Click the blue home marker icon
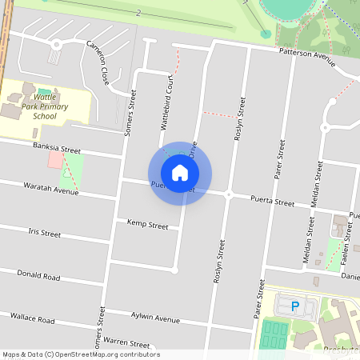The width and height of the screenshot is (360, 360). coord(180,173)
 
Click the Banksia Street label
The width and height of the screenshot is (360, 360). coord(57,149)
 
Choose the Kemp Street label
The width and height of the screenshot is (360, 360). coord(147,225)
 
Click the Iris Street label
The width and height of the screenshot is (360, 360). coord(44,234)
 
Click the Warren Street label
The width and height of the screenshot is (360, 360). coord(127,342)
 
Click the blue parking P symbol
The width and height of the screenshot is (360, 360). coord(294,306)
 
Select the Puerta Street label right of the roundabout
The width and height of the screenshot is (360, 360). coord(272,203)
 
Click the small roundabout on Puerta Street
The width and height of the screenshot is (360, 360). coord(228,194)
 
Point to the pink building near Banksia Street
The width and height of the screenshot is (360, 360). coord(54,160)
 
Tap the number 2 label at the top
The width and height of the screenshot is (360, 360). coord(138,13)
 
